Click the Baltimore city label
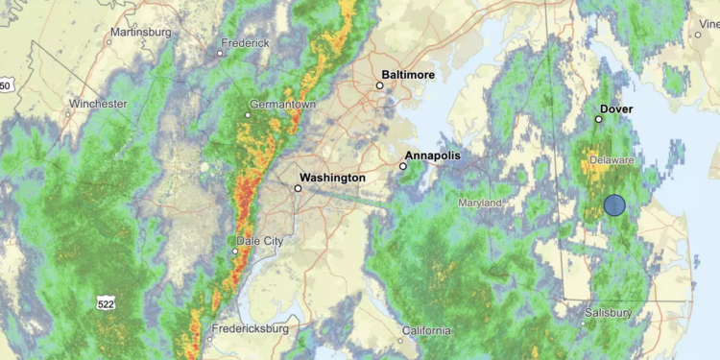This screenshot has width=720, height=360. [408, 74]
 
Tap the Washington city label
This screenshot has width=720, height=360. [332, 178]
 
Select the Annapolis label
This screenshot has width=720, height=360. [433, 155]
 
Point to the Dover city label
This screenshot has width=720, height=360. [616, 109]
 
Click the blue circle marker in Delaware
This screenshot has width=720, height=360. [614, 204]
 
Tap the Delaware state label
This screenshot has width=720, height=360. [612, 159]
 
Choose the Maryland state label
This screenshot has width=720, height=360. [480, 204]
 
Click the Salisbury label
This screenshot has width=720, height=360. [609, 313]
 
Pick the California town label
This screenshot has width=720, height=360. [426, 331]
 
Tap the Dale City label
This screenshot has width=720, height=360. [260, 241]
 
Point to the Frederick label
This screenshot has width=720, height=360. [245, 43]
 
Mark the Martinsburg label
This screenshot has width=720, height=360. [140, 32]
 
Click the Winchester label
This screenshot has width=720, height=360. [99, 103]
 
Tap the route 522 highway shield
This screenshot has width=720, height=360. [108, 303]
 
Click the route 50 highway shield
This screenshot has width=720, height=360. [5, 86]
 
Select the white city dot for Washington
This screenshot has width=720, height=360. [298, 189]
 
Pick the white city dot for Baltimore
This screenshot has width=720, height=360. [379, 85]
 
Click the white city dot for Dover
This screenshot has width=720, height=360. [598, 120]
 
